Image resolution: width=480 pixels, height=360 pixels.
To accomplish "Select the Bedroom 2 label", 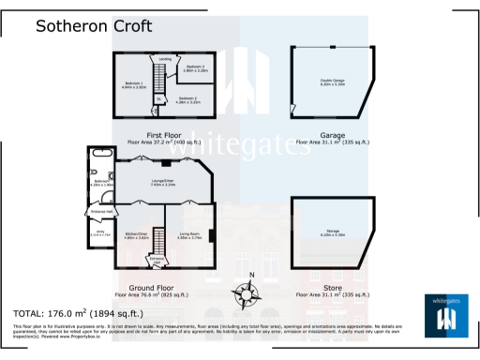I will click(188, 99).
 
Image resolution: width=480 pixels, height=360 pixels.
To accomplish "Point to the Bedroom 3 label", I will click(194, 67).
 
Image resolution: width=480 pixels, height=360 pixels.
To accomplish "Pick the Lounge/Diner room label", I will click(164, 184).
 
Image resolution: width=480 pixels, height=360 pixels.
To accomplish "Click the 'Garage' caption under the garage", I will click(333, 134).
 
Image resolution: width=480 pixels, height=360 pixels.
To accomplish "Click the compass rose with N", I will click(249, 292).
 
